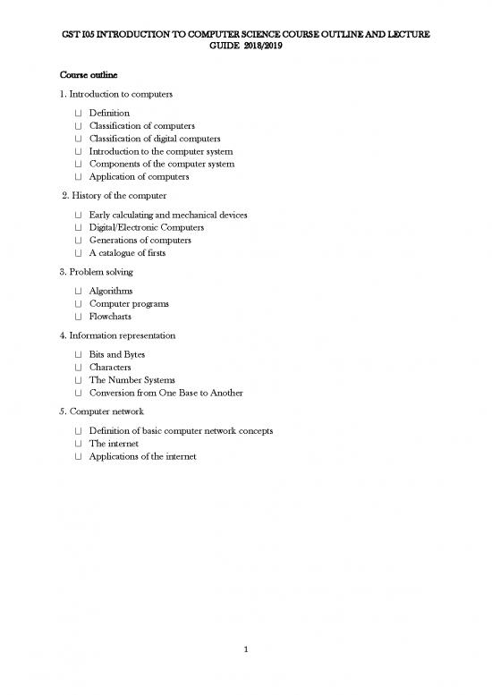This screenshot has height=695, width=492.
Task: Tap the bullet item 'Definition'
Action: (109, 113)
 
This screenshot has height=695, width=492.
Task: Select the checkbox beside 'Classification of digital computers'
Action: (79, 139)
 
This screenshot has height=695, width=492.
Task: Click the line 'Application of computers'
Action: (139, 177)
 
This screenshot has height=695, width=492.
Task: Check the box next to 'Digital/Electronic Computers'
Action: (79, 228)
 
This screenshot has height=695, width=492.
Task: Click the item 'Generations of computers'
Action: (140, 241)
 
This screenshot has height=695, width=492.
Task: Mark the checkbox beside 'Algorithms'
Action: (79, 292)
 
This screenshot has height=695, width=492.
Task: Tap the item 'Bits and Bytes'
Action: (117, 355)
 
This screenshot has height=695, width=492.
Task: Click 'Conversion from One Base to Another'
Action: (165, 393)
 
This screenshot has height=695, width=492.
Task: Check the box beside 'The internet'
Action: (79, 444)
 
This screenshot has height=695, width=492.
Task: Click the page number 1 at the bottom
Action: (245, 663)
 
